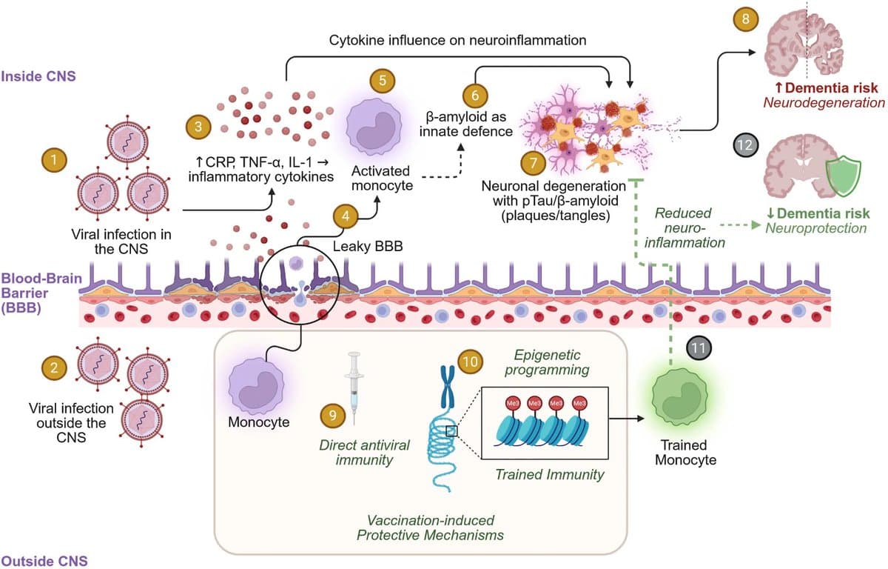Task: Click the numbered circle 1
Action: pos(54,158)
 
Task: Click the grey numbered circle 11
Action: pos(697,346)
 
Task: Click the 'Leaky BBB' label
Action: pos(369,246)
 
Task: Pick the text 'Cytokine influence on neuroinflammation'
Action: pos(458,39)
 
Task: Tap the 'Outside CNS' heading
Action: pos(44,559)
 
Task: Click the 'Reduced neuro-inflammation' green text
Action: pos(683,227)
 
